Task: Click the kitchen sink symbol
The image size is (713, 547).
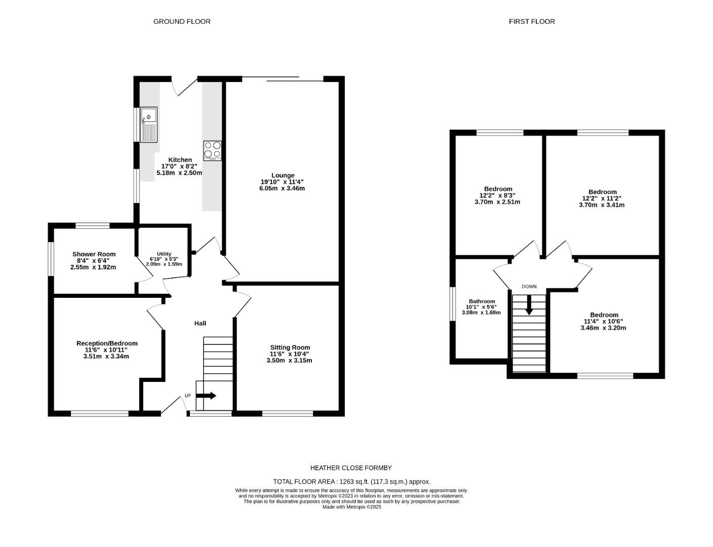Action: click(x=149, y=124)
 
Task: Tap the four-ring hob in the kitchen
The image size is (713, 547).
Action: click(x=213, y=150)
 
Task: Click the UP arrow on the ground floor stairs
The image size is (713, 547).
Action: click(x=206, y=396)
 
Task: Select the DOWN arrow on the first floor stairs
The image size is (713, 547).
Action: click(x=529, y=305)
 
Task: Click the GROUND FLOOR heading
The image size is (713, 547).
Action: click(x=182, y=21)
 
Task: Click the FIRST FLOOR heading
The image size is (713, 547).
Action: click(x=532, y=21)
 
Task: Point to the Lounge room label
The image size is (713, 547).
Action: click(x=283, y=175)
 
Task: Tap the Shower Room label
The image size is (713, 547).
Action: click(x=94, y=254)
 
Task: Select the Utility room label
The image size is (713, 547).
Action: click(x=164, y=254)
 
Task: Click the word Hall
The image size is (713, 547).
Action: click(x=201, y=323)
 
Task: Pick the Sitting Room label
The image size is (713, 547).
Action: click(x=290, y=347)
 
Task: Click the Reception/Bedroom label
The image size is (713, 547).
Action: click(x=107, y=343)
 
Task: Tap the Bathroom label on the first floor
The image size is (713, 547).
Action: click(x=482, y=301)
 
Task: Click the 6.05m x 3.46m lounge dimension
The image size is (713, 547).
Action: click(x=282, y=188)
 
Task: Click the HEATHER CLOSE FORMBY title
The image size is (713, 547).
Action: click(x=351, y=468)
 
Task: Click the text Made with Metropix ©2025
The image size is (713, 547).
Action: click(x=351, y=507)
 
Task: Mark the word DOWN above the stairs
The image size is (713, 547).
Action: click(x=529, y=287)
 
